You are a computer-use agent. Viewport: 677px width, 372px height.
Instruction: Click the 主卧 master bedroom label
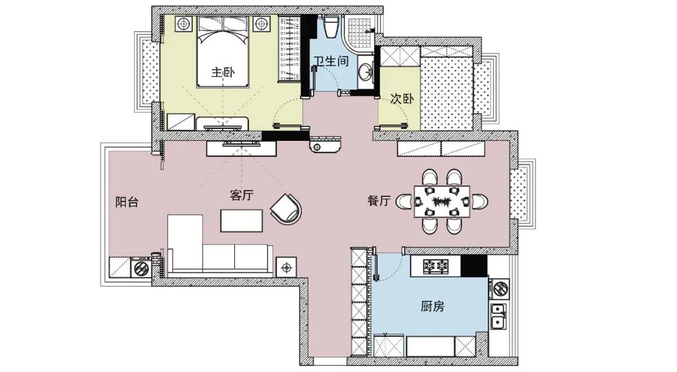pos(222,73)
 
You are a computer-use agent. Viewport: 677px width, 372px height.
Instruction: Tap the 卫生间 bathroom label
pos(330,60)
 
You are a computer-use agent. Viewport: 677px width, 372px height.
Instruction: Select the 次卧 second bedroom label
pos(402,99)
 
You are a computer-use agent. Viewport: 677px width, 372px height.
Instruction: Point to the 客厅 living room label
pos(241,196)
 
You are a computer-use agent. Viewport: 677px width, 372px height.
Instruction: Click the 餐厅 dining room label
pos(379,201)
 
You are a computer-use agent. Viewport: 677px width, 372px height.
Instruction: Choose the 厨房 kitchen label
pos(433,307)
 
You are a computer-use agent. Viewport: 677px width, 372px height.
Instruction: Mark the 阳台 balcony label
pos(126,202)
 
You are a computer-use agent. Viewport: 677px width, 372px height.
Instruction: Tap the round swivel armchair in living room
pos(286,208)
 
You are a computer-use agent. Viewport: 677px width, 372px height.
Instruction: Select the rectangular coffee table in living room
pos(242,220)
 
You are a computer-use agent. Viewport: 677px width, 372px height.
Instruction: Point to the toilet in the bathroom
pos(331,25)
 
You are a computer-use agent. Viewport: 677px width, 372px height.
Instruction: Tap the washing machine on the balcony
pos(141,268)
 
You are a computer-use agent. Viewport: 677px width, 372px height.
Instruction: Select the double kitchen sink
pos(498,316)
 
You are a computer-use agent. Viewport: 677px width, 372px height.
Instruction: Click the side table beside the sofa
pos(287,266)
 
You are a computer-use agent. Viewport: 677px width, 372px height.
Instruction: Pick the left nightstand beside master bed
pos(184,24)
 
